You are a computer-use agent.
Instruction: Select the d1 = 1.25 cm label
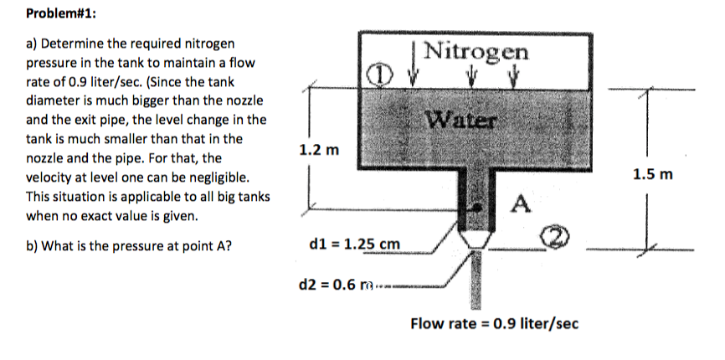(x=354, y=244)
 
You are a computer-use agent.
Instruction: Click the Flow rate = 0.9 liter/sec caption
(x=494, y=323)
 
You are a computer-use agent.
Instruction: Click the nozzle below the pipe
(x=475, y=239)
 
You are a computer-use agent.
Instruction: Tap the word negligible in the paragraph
(x=221, y=178)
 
